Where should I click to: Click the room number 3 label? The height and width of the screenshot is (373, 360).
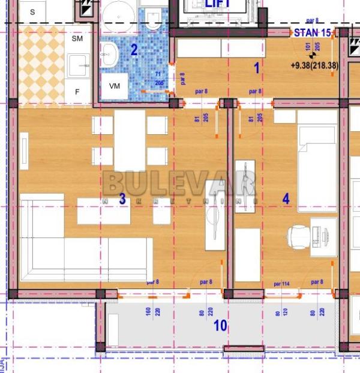point(122,199)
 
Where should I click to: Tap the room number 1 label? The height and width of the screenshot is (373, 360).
point(257,68)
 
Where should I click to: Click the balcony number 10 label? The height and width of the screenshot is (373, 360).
point(220,326)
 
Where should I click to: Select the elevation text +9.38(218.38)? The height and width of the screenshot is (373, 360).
point(314,66)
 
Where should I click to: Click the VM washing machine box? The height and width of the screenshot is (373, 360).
point(115,86)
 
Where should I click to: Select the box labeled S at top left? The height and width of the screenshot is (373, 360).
point(32,11)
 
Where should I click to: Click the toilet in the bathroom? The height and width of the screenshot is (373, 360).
point(152,20)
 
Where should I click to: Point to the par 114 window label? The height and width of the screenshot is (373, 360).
point(281,283)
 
